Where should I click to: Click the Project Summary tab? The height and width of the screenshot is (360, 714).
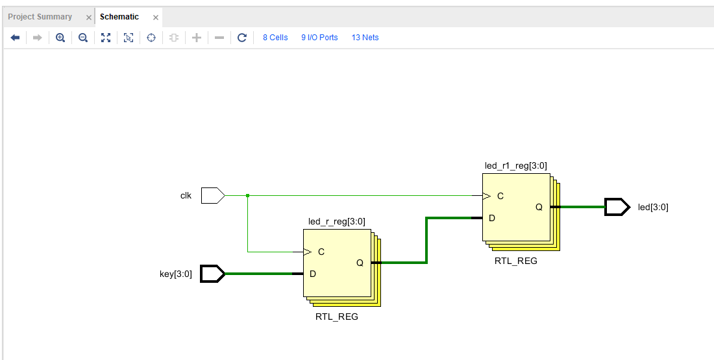pos(40,17)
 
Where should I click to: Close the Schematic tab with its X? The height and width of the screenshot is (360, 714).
pos(156,18)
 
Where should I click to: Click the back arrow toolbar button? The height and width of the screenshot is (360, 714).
pos(15,38)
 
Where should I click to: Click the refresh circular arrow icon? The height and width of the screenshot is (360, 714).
pos(242,38)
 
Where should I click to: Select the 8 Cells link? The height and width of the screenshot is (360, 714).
pos(275,38)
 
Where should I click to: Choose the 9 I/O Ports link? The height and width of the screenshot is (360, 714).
pos(319,38)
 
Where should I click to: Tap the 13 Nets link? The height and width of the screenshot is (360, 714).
pos(365,38)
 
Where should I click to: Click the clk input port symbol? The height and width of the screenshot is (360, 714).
pos(213,196)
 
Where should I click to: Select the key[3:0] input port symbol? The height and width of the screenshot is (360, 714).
pos(213,274)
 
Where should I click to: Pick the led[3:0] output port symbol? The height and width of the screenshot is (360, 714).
pos(617,207)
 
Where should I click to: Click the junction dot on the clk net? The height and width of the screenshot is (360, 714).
pos(248,196)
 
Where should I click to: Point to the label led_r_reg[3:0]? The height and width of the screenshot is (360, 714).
pos(336,222)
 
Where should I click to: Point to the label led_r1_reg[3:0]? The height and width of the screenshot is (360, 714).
pos(515,165)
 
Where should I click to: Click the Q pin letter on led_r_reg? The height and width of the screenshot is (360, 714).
pos(360,263)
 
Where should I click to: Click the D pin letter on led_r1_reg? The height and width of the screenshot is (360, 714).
pos(492,218)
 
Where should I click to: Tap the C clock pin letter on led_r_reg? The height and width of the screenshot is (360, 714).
pos(321,252)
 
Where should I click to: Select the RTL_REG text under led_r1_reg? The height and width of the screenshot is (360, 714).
pos(516,261)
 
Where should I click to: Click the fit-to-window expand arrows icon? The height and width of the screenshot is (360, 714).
pos(106,38)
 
